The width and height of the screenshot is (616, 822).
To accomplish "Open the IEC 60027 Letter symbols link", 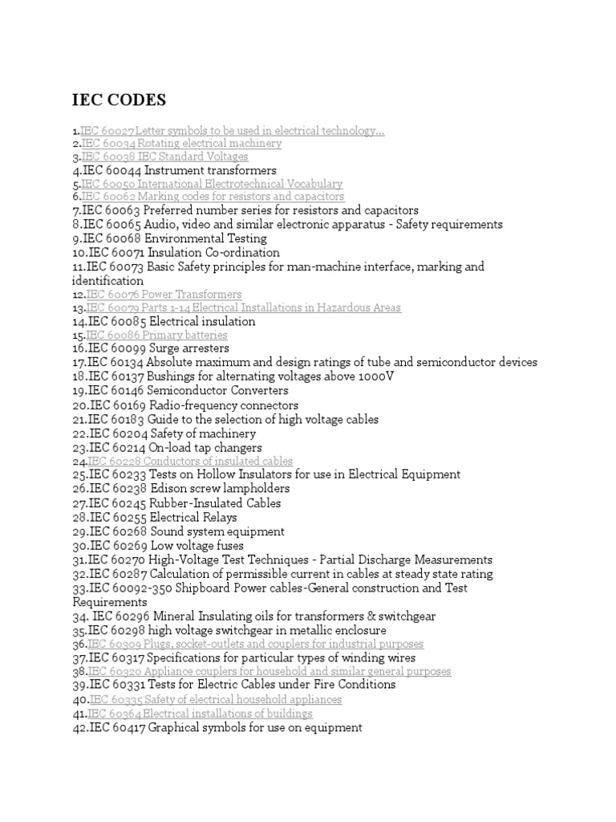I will (232, 130).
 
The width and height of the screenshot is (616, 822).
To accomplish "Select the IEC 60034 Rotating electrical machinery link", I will (181, 144).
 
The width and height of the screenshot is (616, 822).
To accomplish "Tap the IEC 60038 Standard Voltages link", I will (164, 157).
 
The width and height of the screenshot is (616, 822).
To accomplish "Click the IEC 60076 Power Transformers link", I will (164, 295).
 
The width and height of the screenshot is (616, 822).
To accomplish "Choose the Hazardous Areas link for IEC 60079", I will (244, 308).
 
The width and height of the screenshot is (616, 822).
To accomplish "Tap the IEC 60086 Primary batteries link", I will (156, 335).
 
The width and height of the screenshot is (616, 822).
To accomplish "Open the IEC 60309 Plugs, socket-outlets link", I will (255, 644).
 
